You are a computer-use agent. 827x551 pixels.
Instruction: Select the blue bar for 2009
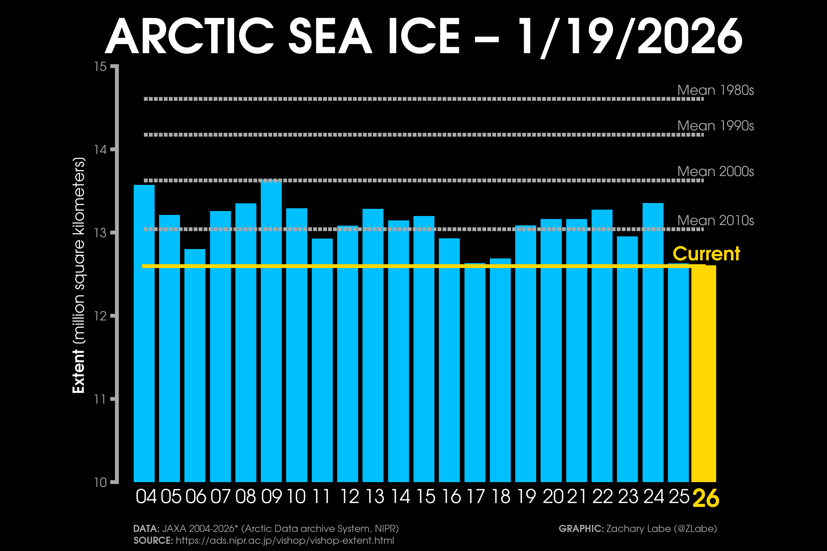pos(271,330)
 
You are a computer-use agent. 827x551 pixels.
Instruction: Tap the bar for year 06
pos(195,366)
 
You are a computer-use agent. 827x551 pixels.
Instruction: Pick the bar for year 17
pos(475,372)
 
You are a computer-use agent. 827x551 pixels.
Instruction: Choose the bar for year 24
pos(653,343)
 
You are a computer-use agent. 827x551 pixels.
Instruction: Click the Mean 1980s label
pos(716,90)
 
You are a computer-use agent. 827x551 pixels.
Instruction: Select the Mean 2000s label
pos(716,171)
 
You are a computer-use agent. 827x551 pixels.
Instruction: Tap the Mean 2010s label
pos(716,221)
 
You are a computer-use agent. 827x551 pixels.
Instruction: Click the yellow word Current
pos(706,254)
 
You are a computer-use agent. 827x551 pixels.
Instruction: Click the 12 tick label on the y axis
pos(100,316)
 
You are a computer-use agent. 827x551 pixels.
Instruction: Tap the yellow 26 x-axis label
pos(706,498)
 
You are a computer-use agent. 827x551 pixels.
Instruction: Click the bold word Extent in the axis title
pos(78,371)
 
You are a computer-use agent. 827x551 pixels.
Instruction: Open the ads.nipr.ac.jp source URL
pos(285,541)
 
